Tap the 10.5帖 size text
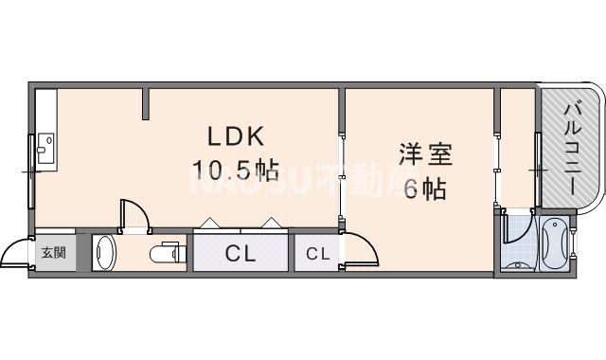(x=236, y=171)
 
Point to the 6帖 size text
(x=425, y=189)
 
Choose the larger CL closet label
(x=241, y=253)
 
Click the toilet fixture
(x=167, y=254)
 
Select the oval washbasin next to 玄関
(x=105, y=254)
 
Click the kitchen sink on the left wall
(x=45, y=148)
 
